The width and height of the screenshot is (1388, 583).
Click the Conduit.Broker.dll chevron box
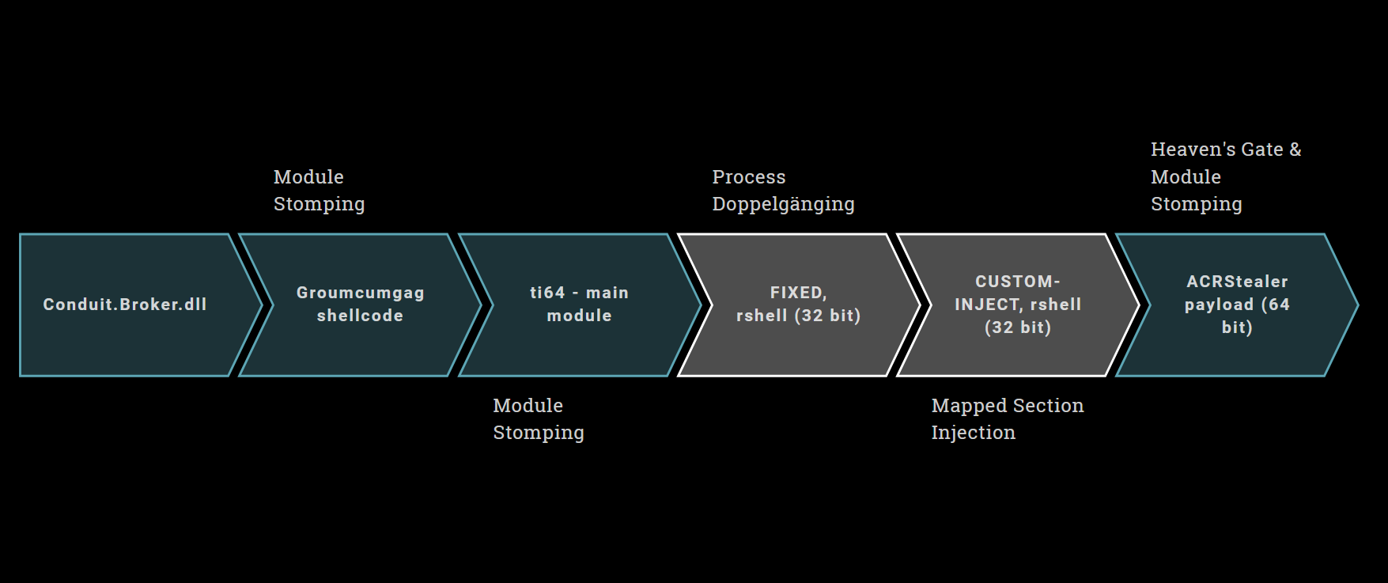(125, 305)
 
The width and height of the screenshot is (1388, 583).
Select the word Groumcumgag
(360, 293)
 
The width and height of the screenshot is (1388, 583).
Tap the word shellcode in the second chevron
(360, 316)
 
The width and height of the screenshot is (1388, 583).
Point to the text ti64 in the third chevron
(547, 293)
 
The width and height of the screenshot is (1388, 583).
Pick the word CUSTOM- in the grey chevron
(1017, 282)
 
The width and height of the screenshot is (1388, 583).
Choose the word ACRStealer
(1237, 282)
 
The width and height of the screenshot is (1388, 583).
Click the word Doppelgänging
(783, 204)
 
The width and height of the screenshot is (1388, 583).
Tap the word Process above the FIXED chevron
(748, 177)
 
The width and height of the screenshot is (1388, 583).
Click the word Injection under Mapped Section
(973, 433)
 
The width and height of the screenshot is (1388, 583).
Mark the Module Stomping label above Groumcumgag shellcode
(319, 191)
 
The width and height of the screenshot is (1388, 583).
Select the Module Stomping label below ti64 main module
(538, 419)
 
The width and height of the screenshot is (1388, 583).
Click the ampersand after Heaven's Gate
(1295, 150)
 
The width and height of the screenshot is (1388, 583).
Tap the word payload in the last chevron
(1219, 305)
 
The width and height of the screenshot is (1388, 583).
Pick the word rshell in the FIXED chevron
(762, 316)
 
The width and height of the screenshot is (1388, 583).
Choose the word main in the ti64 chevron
(607, 293)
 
